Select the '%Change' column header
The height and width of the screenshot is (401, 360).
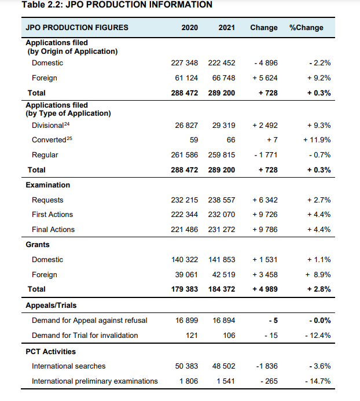coord(306,27)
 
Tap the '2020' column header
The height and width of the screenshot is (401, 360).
coord(189,27)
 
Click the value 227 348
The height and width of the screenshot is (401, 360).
coord(185,62)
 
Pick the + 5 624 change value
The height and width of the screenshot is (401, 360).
coord(266,78)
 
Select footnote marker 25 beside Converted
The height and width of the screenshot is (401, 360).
coord(70,138)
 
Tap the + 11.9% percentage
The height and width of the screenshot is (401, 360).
coord(317,140)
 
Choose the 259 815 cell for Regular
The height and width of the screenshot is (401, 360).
coord(222,155)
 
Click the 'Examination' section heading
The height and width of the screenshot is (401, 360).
coord(48,185)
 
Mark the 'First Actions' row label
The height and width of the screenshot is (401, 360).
coord(52,215)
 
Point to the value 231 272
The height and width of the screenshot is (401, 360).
coord(222,230)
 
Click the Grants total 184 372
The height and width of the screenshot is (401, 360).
coord(222,289)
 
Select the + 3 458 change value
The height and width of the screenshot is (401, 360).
coord(266,274)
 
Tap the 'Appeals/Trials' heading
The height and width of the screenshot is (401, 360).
coord(51,306)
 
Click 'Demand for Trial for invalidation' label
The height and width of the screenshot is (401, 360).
coord(85,336)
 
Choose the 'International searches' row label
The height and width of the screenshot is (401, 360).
coord(68,366)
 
